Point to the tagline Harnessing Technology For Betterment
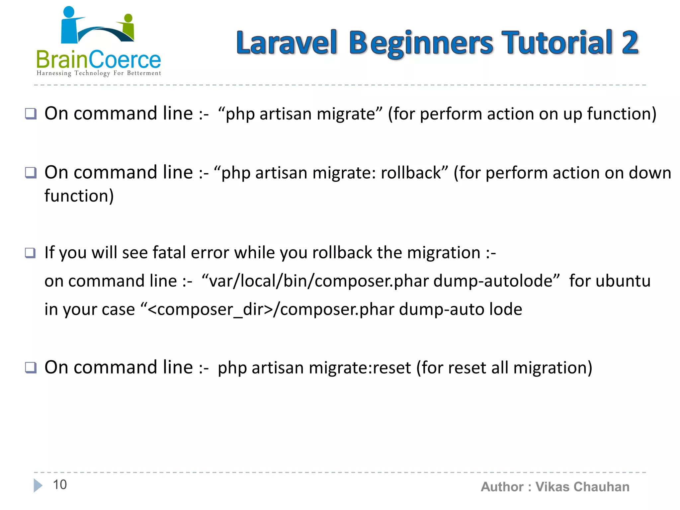(99, 73)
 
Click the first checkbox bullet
(31, 114)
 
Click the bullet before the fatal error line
(31, 253)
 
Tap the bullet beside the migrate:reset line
(31, 368)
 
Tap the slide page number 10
(60, 485)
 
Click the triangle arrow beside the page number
(38, 485)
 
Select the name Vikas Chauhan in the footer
(582, 487)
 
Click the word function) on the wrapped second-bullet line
(79, 196)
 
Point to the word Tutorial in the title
(557, 42)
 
